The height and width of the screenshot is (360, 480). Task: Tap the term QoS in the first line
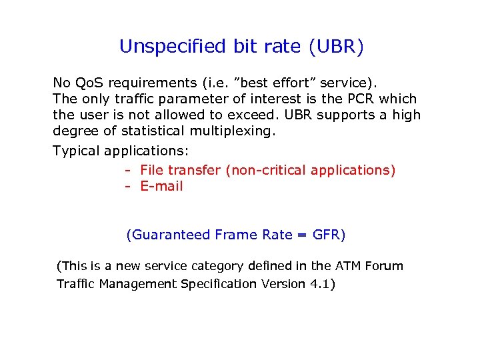point(89,83)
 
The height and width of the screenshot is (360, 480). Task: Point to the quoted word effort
point(291,83)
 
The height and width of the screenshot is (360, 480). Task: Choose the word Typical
point(76,151)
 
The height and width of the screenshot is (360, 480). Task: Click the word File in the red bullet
point(152,170)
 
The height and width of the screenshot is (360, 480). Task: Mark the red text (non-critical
point(265,170)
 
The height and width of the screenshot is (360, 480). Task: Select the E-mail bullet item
point(161,186)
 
